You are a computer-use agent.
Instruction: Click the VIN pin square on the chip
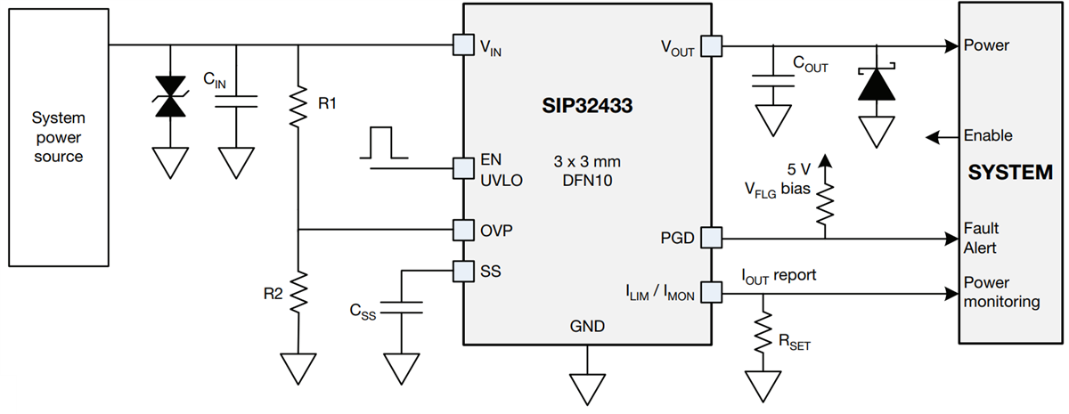[x=463, y=45]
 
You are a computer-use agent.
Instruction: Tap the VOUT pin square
[x=710, y=45]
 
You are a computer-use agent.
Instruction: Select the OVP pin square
[x=463, y=230]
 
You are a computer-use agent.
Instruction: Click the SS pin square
[x=463, y=270]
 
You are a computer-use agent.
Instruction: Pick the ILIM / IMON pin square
[x=710, y=291]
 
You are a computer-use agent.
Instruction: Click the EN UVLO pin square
[x=463, y=167]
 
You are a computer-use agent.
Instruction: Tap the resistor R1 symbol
[x=298, y=104]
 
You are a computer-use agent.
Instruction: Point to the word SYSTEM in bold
[x=1010, y=173]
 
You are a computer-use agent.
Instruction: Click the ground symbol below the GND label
[x=588, y=387]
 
